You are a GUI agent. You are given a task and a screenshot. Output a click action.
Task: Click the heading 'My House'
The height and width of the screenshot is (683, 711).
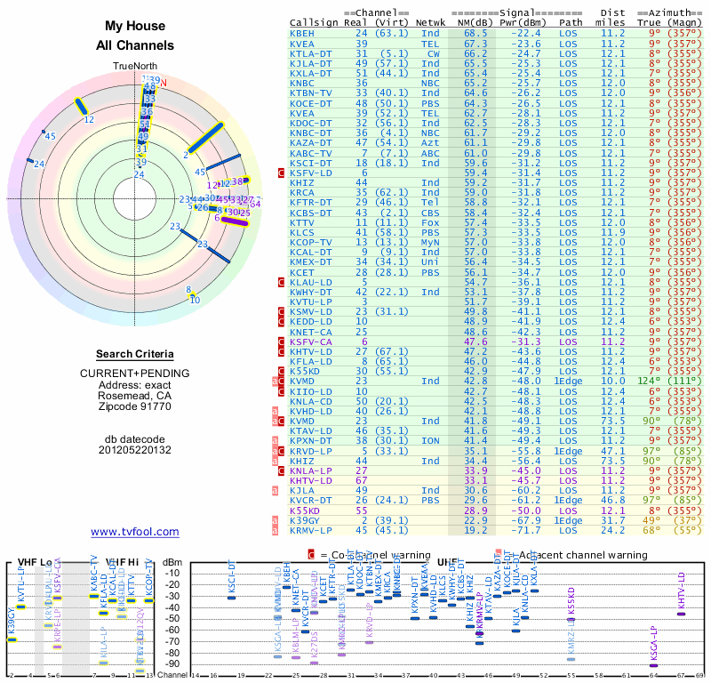pos(135,27)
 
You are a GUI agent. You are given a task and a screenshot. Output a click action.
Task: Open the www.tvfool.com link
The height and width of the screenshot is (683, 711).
pos(135,532)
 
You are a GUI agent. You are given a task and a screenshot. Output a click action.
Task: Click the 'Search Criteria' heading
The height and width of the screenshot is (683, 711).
pos(135,354)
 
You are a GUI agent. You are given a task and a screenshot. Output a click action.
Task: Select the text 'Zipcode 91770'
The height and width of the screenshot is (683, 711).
pos(135,406)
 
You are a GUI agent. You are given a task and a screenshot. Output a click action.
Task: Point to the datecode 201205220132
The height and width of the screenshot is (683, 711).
pos(135,449)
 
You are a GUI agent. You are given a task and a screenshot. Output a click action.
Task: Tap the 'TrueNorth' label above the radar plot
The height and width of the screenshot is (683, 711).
pos(135,66)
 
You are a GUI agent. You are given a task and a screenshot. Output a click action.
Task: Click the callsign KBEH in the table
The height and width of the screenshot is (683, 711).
pos(302,33)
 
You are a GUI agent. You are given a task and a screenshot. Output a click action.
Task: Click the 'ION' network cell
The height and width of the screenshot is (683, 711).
pos(431,439)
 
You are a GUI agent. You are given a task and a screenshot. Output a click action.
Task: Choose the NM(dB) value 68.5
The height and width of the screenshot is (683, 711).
pos(475,33)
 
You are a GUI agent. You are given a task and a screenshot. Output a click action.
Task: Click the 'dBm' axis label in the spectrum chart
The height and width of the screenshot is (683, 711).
pos(172,561)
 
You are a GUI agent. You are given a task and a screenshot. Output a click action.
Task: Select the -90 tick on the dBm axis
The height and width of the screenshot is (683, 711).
pos(172,663)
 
